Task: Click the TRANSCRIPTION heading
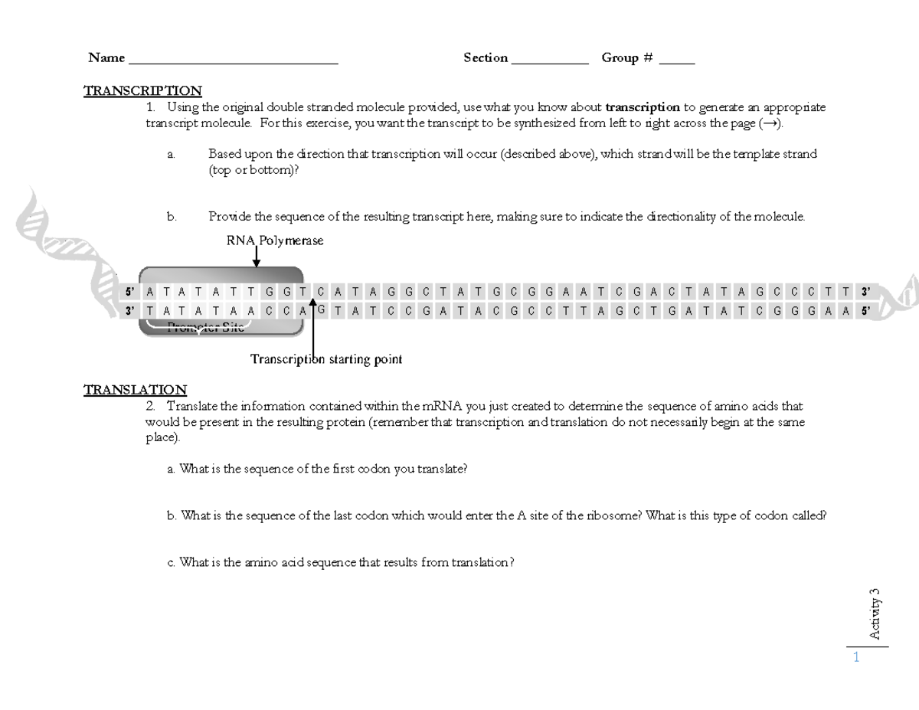142,91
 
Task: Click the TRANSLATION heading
135,390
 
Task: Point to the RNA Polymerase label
274,240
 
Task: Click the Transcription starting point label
326,359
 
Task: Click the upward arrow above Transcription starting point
312,329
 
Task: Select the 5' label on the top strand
130,292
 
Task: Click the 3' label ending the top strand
865,292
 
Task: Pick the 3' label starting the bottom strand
130,310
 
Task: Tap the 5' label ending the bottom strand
865,310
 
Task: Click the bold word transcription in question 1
642,107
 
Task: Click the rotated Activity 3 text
875,613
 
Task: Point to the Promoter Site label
205,328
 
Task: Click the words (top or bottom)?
253,169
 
